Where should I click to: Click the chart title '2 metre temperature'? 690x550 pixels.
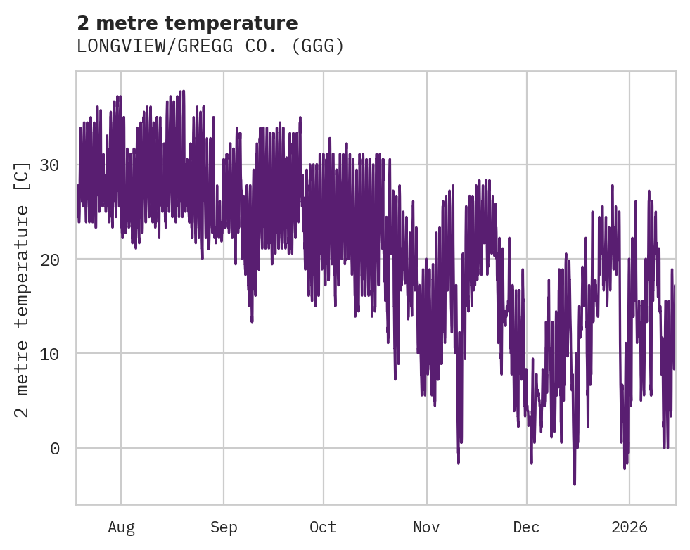pyautogui.click(x=187, y=23)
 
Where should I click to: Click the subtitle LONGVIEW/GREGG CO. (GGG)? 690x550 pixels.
pyautogui.click(x=210, y=46)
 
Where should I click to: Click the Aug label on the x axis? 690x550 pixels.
pyautogui.click(x=121, y=527)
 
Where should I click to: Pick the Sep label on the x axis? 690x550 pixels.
pyautogui.click(x=224, y=527)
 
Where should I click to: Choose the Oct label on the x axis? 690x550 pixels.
pyautogui.click(x=323, y=527)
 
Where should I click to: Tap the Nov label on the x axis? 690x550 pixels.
pyautogui.click(x=426, y=527)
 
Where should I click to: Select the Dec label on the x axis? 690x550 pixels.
pyautogui.click(x=526, y=527)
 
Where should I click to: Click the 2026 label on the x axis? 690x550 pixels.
pyautogui.click(x=629, y=527)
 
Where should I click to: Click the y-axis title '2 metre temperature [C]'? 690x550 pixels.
pyautogui.click(x=23, y=288)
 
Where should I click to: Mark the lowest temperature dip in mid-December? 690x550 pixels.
pyautogui.click(x=575, y=484)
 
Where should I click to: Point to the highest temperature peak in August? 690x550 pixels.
pyautogui.click(x=183, y=91)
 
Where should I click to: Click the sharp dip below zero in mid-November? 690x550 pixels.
pyautogui.click(x=459, y=463)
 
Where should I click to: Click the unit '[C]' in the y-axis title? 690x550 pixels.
pyautogui.click(x=23, y=174)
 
